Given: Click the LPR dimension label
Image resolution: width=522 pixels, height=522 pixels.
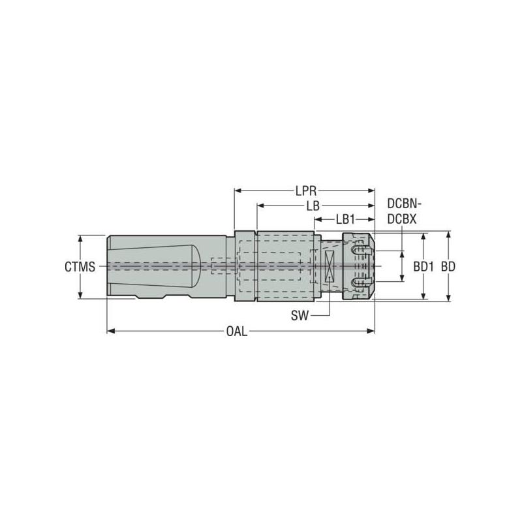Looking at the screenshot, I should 305,191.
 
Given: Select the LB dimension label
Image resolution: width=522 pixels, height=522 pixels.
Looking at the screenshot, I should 313,206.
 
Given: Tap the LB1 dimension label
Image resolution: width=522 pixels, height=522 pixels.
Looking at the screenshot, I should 345,219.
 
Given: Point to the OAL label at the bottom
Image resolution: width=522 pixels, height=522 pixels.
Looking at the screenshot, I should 236,331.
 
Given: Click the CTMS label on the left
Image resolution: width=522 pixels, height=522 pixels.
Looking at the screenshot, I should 80,267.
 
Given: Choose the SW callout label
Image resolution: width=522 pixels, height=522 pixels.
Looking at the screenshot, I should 301,316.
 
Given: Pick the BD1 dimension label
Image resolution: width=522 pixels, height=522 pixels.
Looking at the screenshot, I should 424,267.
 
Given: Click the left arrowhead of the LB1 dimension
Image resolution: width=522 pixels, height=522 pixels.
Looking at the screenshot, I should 318,220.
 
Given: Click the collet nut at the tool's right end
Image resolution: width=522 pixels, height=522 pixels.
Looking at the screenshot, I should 358,266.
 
